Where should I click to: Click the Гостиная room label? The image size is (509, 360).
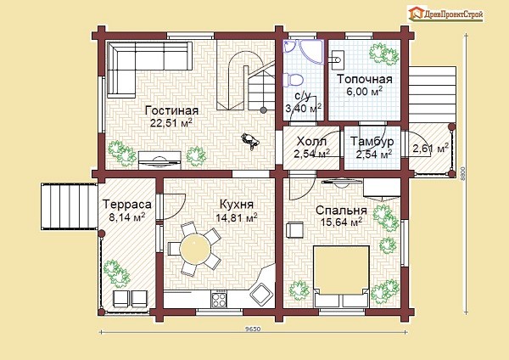(171, 110)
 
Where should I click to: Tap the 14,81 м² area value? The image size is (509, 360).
(237, 217)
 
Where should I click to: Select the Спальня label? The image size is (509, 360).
(341, 211)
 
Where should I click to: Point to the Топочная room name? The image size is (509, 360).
(364, 79)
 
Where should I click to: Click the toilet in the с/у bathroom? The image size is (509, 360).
(294, 80)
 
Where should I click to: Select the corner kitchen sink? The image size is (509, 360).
(260, 293)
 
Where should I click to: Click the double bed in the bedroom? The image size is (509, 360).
(341, 276)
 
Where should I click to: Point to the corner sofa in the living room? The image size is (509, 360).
(140, 69)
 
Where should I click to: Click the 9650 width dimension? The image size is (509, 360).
(253, 329)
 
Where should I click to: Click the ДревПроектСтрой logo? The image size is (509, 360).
(445, 14)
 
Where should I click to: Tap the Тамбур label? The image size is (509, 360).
(372, 141)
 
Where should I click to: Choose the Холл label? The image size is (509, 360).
(311, 142)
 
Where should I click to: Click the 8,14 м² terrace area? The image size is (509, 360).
(127, 217)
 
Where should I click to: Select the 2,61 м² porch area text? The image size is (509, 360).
(430, 149)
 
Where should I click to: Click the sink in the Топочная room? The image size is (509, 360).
(336, 59)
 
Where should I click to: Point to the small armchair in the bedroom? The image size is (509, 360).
(294, 230)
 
